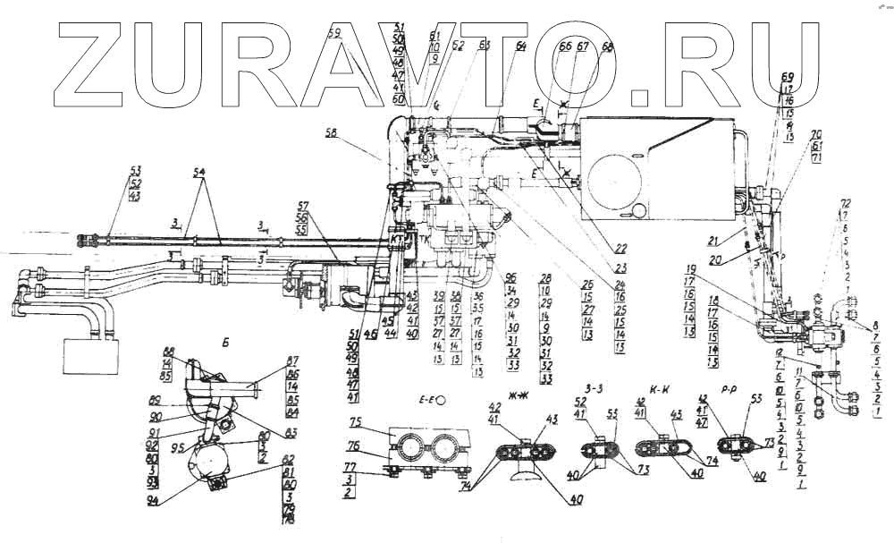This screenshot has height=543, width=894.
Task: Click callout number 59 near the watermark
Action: [334, 35]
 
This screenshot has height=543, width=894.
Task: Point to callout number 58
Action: [333, 132]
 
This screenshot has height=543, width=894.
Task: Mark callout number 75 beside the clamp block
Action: [355, 422]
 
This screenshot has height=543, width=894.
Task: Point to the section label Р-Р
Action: [738, 390]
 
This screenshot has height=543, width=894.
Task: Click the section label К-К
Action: [662, 390]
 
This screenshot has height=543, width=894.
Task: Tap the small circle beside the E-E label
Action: [440, 398]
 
